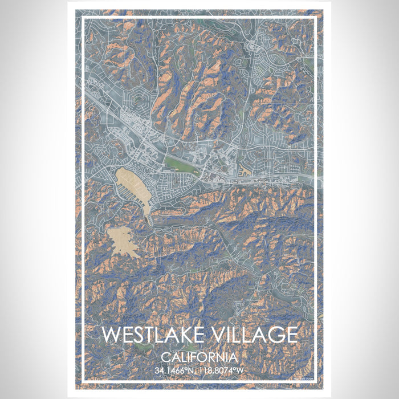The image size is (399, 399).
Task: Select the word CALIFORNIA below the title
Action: point(199,357)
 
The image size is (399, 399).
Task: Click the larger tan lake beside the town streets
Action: point(132,185)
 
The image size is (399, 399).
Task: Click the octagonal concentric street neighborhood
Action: point(140,105)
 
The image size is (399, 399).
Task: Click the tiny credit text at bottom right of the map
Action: point(304,378)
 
